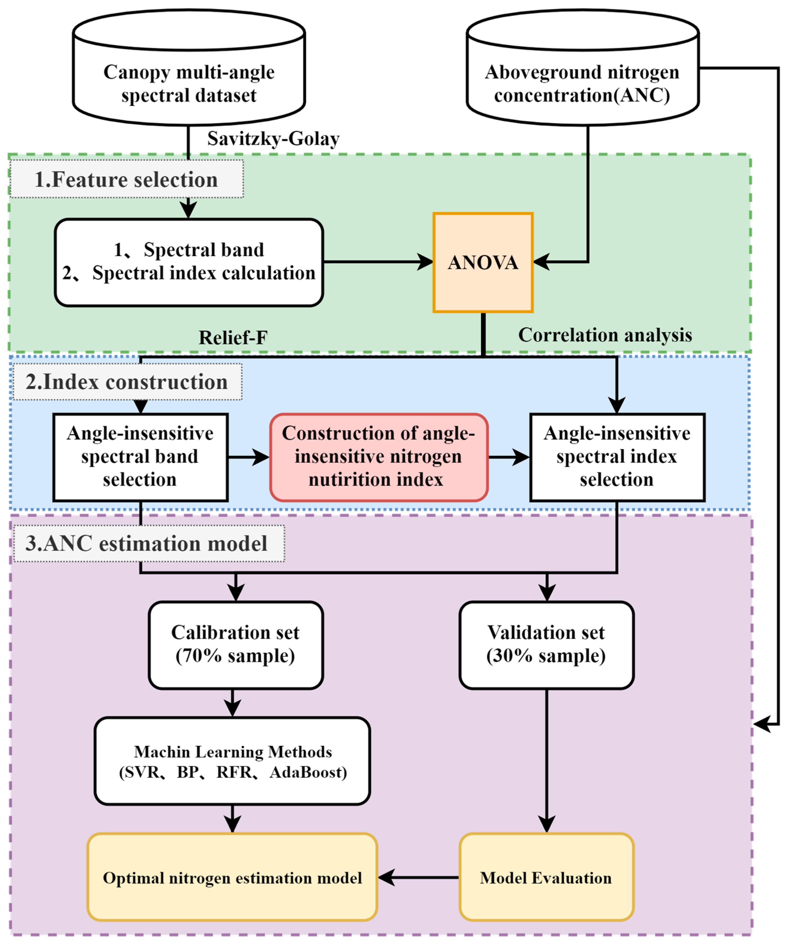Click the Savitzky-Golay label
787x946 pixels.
273,139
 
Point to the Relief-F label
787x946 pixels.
233,337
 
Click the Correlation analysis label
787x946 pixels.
605,335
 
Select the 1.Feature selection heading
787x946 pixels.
127,179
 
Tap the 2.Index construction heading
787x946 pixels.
127,382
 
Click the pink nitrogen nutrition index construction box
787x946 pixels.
378,457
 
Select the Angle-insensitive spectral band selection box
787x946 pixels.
140,457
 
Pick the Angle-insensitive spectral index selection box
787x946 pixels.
617,457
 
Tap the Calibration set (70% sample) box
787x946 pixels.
235,645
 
